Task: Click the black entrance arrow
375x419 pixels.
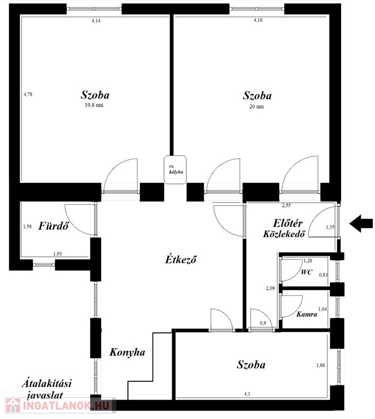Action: point(361,223)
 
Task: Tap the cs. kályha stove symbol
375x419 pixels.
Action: point(175,170)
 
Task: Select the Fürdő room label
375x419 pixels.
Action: point(54,226)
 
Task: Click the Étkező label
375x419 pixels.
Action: point(181,260)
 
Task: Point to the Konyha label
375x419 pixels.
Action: point(127,352)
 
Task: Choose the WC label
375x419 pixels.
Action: point(307,272)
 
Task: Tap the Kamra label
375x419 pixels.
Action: point(307,314)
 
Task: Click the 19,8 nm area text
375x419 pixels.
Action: point(94,105)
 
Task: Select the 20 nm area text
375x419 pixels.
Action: point(256,106)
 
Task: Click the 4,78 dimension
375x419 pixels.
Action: point(28,94)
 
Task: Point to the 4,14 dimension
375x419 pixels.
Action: point(96,21)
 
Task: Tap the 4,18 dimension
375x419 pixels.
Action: point(258,20)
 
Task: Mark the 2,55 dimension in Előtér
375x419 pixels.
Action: point(286,206)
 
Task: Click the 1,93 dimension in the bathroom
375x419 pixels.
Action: point(57,254)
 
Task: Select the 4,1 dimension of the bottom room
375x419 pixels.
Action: point(247,393)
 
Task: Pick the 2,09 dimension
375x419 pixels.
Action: point(271,288)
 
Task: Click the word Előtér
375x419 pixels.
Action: point(288,223)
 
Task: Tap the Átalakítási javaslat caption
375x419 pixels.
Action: point(46,390)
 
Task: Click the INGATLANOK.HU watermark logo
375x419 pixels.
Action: point(61,405)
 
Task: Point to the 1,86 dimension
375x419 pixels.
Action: point(321,366)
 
